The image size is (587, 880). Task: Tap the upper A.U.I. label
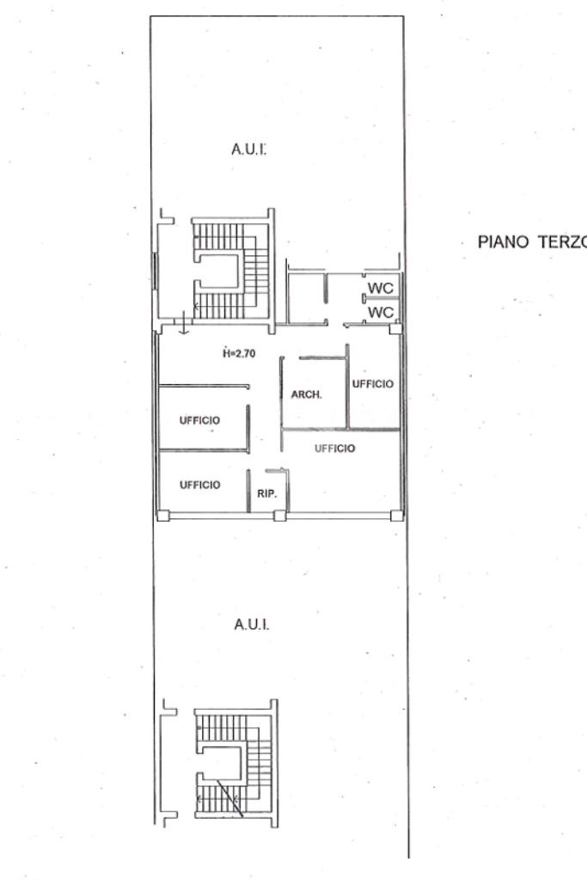(248, 150)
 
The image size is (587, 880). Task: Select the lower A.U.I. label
(252, 624)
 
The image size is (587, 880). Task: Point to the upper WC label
(381, 288)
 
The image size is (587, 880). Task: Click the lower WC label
(381, 311)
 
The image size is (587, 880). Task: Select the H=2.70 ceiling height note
(239, 353)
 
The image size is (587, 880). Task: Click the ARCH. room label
(307, 394)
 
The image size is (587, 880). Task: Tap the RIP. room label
(267, 494)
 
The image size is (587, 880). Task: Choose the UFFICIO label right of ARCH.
(373, 384)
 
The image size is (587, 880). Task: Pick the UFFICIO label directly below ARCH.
(334, 449)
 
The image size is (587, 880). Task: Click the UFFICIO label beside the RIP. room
(199, 485)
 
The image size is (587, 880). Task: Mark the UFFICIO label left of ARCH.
(199, 420)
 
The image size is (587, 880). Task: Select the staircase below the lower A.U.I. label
(235, 763)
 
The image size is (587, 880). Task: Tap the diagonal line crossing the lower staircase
(229, 797)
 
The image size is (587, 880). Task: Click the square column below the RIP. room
(280, 516)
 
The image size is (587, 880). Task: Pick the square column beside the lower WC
(396, 328)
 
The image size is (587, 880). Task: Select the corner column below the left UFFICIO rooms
(162, 516)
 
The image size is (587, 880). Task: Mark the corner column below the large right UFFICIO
(396, 516)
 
